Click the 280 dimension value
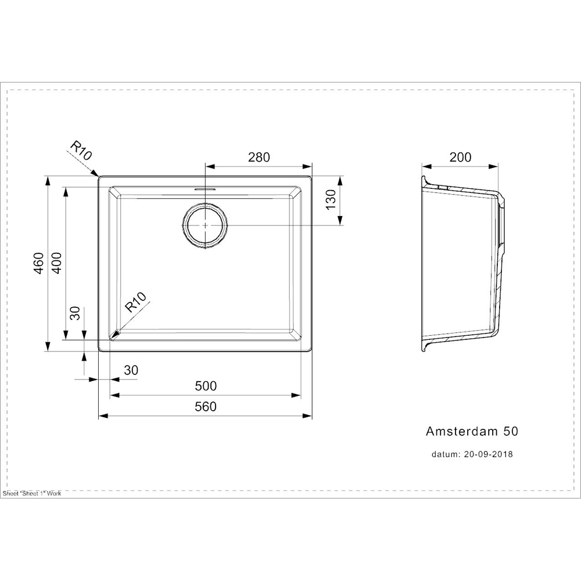tap(259, 157)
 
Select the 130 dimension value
tap(331, 199)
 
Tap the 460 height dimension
tap(40, 263)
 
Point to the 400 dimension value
tap(57, 263)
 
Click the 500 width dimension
tap(206, 386)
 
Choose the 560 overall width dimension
tap(206, 407)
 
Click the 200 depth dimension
tap(460, 157)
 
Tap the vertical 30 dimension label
tap(75, 314)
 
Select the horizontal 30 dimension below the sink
tap(131, 370)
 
